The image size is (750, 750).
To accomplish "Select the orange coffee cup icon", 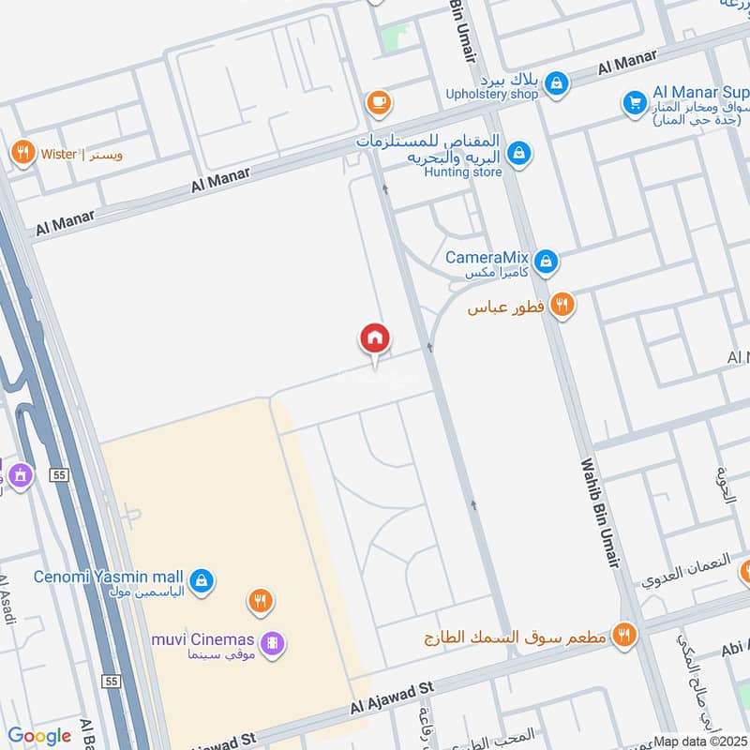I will coord(379,102).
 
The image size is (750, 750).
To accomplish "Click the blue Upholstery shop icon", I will coord(557,84).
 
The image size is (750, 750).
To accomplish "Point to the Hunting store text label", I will coord(463,172).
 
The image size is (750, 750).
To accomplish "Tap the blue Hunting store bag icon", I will coord(517,152).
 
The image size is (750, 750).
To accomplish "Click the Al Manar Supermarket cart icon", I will coord(635,102).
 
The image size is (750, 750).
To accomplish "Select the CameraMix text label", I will coord(487,258).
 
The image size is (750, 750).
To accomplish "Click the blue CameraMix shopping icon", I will coord(547,262).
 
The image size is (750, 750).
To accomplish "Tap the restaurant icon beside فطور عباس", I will coord(562,304).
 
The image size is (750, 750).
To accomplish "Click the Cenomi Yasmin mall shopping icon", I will coord(201,581).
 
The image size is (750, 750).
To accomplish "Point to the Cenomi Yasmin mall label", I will coord(109,577).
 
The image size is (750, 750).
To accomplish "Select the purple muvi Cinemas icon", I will coord(273,643).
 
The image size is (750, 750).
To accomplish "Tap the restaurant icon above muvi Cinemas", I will coord(261,600).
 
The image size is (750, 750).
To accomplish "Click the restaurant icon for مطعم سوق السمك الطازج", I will coord(622,637).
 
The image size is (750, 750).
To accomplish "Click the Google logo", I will coord(39,735).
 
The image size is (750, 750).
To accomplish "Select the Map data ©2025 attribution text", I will coord(699,741).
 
